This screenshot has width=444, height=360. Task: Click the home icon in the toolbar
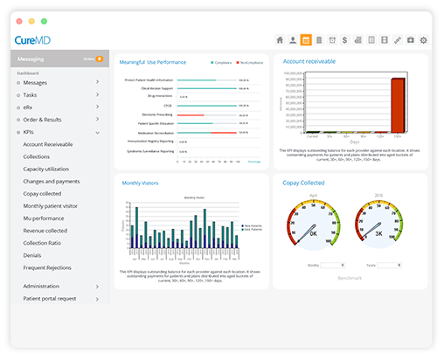280,40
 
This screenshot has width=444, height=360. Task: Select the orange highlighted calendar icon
306,40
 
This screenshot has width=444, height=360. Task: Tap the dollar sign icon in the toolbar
345,40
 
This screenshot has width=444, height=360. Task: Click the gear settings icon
424,40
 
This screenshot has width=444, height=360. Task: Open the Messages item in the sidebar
36,82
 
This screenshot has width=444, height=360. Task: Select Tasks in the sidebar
31,94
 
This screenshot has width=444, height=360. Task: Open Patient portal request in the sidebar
51,298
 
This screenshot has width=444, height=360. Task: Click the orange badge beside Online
100,59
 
